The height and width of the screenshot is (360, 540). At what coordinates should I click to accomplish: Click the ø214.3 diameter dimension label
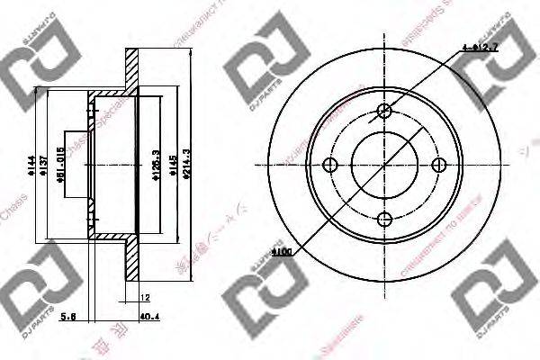point(186,165)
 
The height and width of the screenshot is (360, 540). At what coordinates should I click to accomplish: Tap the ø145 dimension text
point(170,166)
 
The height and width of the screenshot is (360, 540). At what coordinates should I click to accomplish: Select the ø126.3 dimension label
point(156,166)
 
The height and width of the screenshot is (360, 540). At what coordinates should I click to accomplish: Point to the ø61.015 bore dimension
point(61,166)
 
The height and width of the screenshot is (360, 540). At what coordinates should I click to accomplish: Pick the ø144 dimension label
point(30,165)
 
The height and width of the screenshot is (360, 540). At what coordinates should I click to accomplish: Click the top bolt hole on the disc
point(384,112)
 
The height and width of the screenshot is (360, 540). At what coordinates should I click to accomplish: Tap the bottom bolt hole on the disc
point(384,219)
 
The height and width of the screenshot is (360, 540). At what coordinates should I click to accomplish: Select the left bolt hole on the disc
point(329,165)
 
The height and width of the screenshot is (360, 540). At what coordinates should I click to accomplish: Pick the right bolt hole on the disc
point(439,165)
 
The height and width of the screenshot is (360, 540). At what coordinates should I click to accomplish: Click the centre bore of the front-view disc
point(384,165)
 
